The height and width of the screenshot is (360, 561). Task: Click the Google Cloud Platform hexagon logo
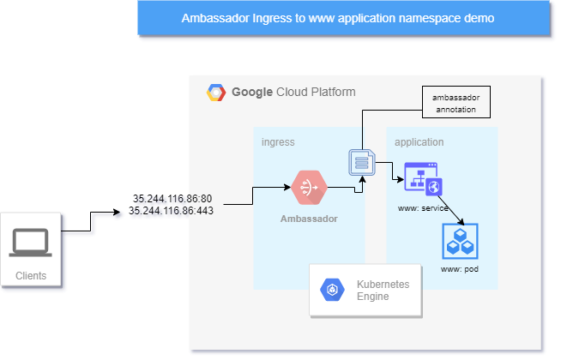click(215, 93)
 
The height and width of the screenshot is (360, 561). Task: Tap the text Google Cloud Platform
click(293, 93)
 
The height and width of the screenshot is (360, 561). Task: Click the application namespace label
click(419, 141)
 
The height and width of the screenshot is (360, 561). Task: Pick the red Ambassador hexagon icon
click(309, 188)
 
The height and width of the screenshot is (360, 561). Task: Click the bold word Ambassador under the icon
click(309, 219)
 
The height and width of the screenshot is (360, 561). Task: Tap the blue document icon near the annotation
click(361, 162)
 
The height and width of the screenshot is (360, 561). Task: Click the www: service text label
click(425, 208)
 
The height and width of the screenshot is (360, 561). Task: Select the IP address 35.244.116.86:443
click(171, 209)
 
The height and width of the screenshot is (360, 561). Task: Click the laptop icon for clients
click(30, 243)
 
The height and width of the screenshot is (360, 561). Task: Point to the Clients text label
click(31, 276)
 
